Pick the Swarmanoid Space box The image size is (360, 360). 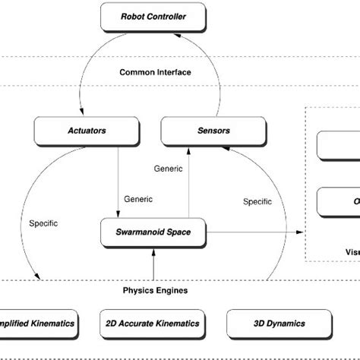point(153,229)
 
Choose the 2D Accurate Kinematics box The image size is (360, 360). point(153,324)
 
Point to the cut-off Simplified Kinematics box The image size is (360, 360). point(38,324)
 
